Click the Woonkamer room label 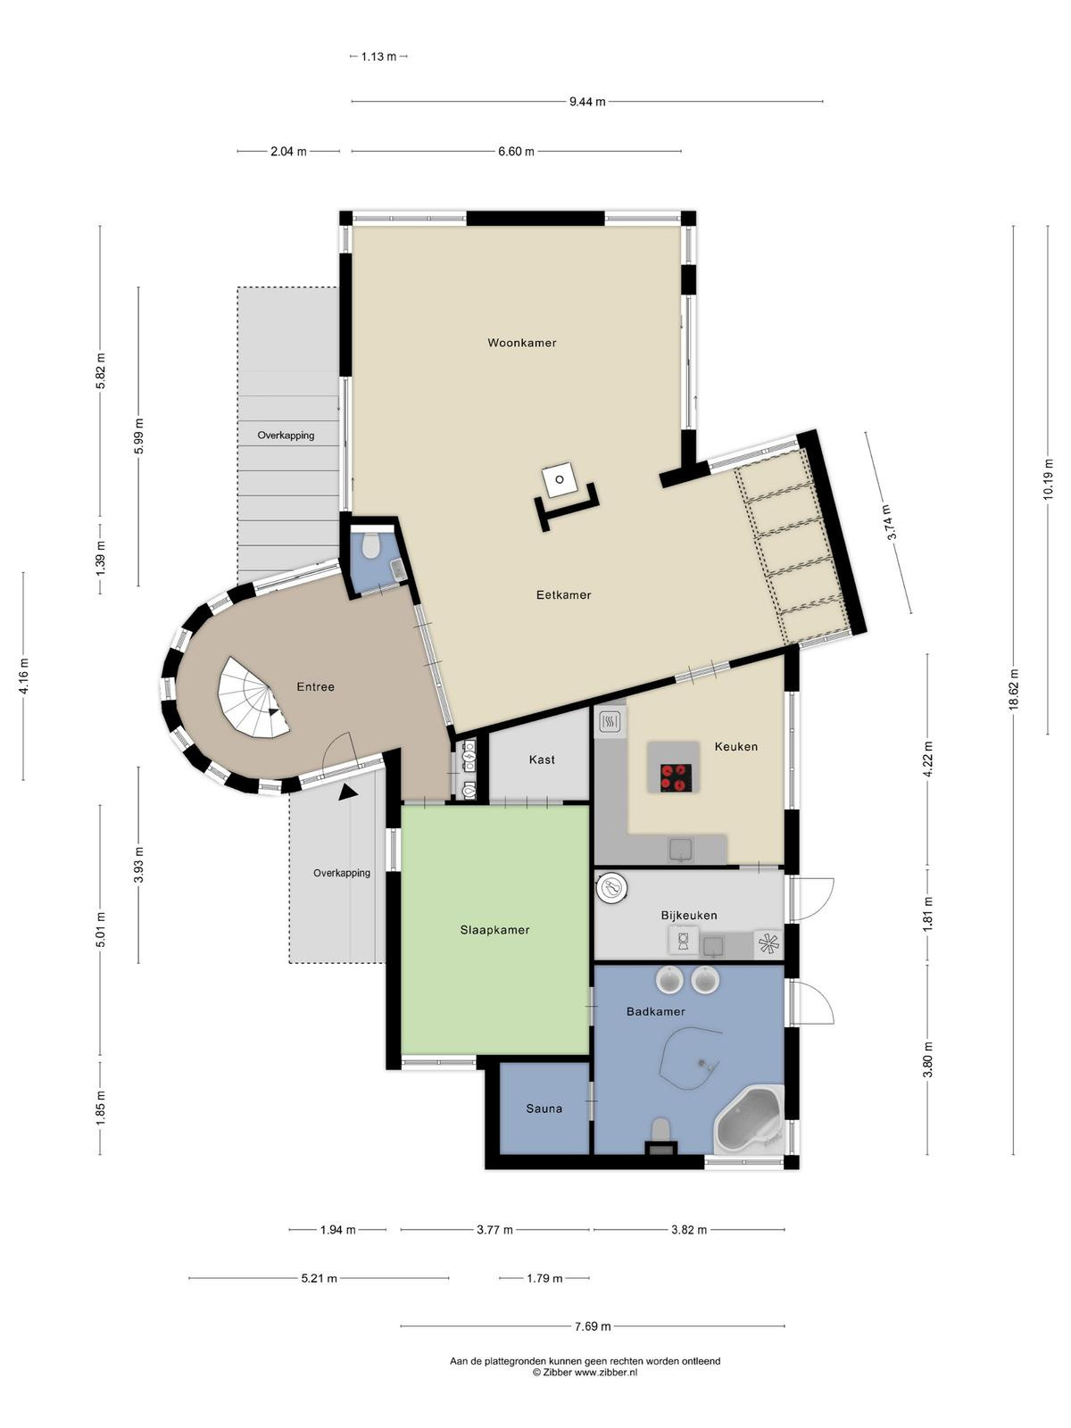coord(521,343)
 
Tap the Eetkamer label coord(563,594)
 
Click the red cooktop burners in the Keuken coord(676,777)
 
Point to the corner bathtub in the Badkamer coord(749,1119)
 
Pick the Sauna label coord(544,1108)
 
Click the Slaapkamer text coord(494,930)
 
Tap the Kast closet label coord(542,760)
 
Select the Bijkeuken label coord(689,916)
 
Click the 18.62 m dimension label coord(1013,690)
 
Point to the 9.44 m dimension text coord(587,102)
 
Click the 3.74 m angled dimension coord(889,522)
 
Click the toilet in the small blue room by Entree coord(371,545)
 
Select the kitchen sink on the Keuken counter coord(680,850)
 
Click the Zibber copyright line coord(585,1373)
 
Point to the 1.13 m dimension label coord(378,56)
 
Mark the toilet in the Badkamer coord(660,1130)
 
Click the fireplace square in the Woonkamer coord(559,480)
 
